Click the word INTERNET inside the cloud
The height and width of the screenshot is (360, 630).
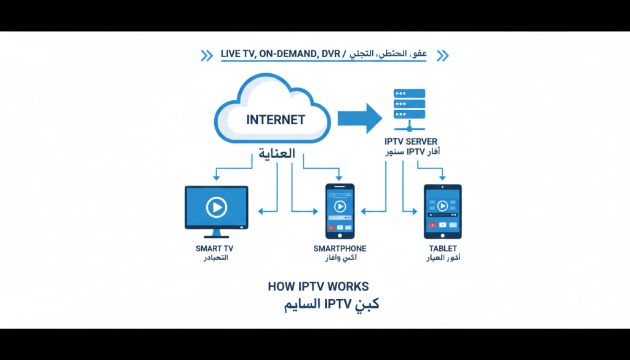[276, 119]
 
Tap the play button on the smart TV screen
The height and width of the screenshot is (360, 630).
[217, 207]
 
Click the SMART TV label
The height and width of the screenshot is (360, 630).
[214, 249]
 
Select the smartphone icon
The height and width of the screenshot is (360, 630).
[340, 210]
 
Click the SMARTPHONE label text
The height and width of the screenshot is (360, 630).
[340, 249]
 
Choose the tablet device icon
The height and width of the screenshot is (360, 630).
[442, 211]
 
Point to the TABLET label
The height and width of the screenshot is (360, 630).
[443, 249]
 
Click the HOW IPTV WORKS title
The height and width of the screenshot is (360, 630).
[318, 287]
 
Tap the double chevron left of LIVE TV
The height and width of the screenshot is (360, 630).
[207, 56]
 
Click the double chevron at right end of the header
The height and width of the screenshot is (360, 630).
[442, 56]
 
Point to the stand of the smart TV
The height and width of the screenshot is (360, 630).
[217, 234]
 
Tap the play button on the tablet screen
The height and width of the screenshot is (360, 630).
[442, 206]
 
